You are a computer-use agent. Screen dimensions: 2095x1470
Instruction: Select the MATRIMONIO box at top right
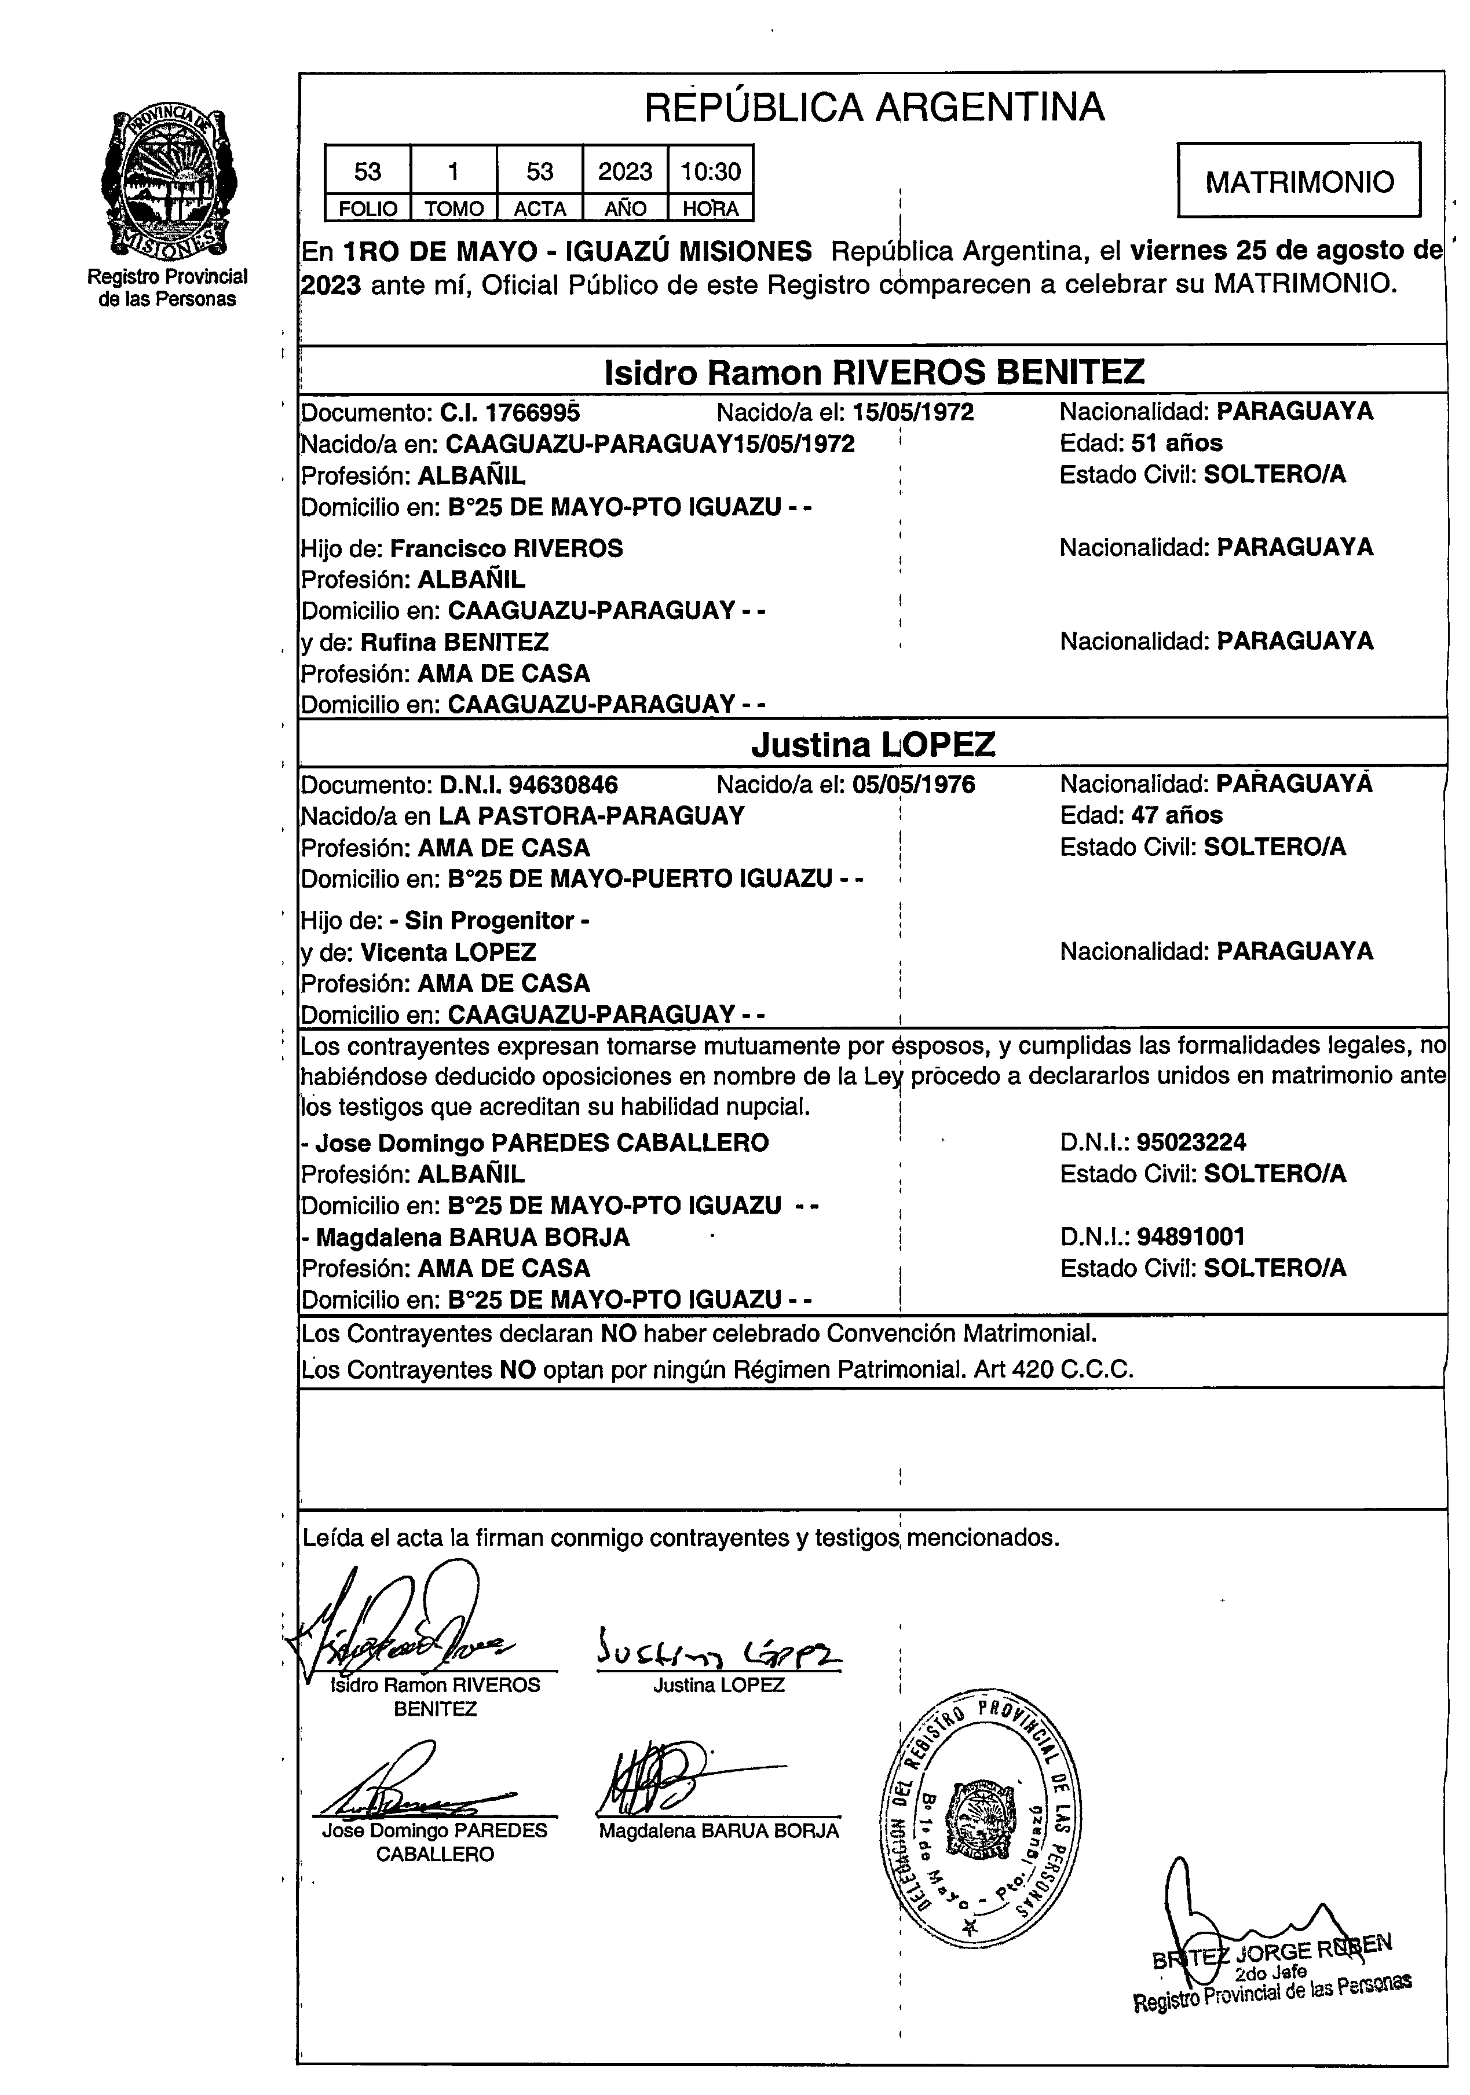pos(1299,181)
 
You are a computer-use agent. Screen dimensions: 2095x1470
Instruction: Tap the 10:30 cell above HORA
pos(710,171)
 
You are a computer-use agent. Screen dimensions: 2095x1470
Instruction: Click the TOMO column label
pos(454,209)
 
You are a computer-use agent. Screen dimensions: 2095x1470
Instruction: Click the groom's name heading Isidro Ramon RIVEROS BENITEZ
pos(873,372)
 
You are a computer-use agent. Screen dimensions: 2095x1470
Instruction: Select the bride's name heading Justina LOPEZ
pos(873,745)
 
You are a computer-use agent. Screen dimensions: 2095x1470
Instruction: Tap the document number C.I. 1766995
pos(509,412)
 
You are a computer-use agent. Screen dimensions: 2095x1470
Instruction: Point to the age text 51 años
pos(1176,444)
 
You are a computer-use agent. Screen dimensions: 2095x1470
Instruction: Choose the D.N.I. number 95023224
pos(1191,1142)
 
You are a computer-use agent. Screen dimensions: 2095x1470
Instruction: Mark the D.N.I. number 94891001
pos(1191,1237)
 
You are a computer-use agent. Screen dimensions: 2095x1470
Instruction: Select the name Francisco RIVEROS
pos(506,548)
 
